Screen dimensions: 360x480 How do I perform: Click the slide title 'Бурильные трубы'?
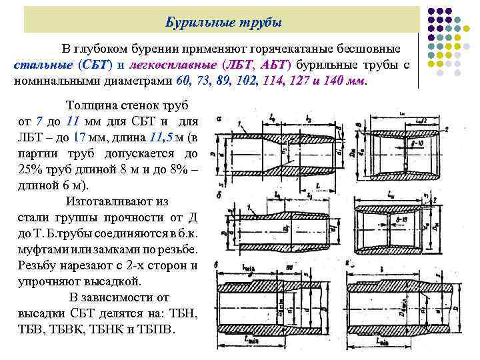[223, 23]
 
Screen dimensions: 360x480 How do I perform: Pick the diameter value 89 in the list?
[224, 80]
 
